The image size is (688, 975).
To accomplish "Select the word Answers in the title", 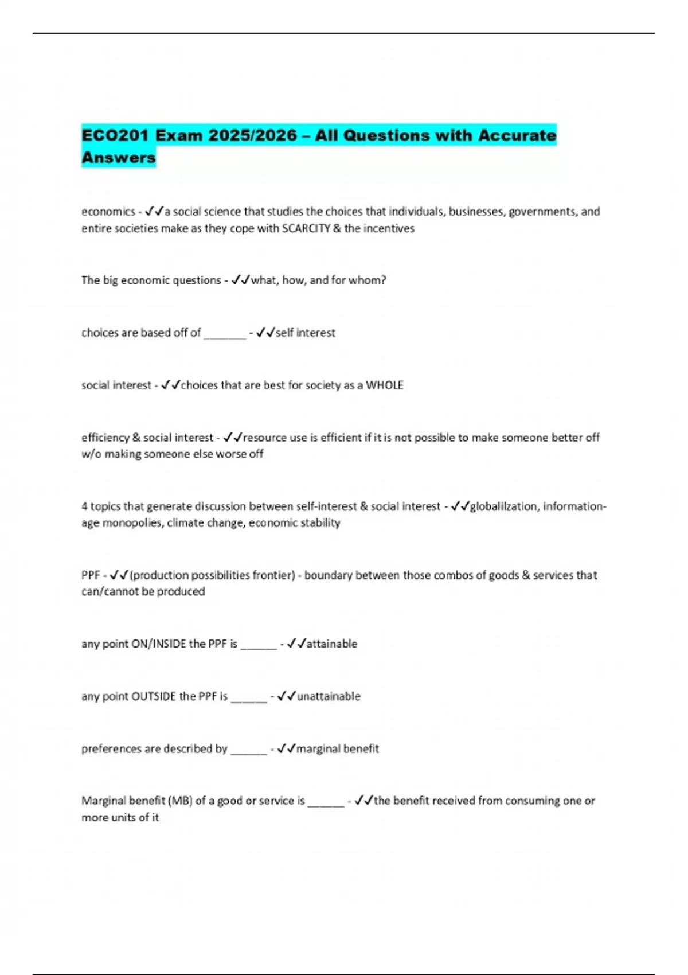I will pos(119,157).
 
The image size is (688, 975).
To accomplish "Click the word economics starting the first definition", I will pos(108,212).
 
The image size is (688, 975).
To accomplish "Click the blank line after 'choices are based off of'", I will pos(225,333).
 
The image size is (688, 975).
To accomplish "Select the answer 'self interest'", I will pos(305,333).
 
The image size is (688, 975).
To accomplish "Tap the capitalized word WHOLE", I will pos(385,385).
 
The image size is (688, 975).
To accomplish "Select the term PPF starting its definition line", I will pos(91,575).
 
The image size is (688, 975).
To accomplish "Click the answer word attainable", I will pos(332,643).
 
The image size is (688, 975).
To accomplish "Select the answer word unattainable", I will pos(329,696).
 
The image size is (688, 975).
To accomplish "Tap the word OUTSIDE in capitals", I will pos(154,696).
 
